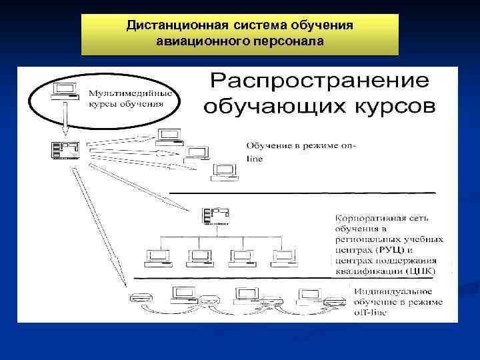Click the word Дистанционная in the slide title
179,26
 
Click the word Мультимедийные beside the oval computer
131,93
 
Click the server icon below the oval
65,149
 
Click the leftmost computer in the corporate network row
157,257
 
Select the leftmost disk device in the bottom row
139,297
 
